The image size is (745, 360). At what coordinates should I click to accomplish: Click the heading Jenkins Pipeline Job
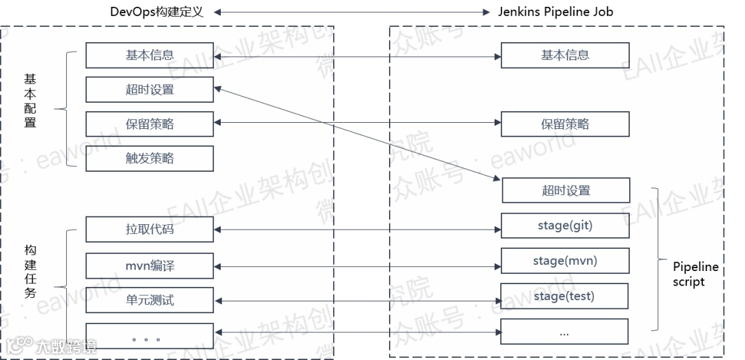tap(555, 12)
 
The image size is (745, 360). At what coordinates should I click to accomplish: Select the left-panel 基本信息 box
tap(150, 55)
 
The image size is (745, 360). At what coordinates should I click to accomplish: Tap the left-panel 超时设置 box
tap(150, 90)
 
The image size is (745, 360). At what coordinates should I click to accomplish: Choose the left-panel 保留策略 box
tap(150, 124)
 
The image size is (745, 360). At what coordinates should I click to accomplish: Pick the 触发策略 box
tap(150, 159)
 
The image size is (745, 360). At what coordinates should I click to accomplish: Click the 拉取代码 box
tap(150, 229)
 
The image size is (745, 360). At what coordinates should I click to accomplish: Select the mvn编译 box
tap(150, 265)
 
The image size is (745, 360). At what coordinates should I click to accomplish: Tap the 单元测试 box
tap(150, 300)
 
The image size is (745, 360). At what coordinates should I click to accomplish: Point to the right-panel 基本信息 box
tap(565, 55)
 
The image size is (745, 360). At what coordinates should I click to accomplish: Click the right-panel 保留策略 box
tap(565, 124)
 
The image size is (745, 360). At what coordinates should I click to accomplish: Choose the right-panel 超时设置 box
tap(566, 190)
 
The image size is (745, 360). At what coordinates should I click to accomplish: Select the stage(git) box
tap(565, 226)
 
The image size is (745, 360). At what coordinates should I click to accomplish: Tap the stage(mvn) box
tap(565, 261)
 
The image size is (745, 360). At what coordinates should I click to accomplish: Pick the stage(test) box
tap(564, 297)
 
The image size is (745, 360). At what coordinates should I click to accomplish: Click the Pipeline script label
tap(695, 274)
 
